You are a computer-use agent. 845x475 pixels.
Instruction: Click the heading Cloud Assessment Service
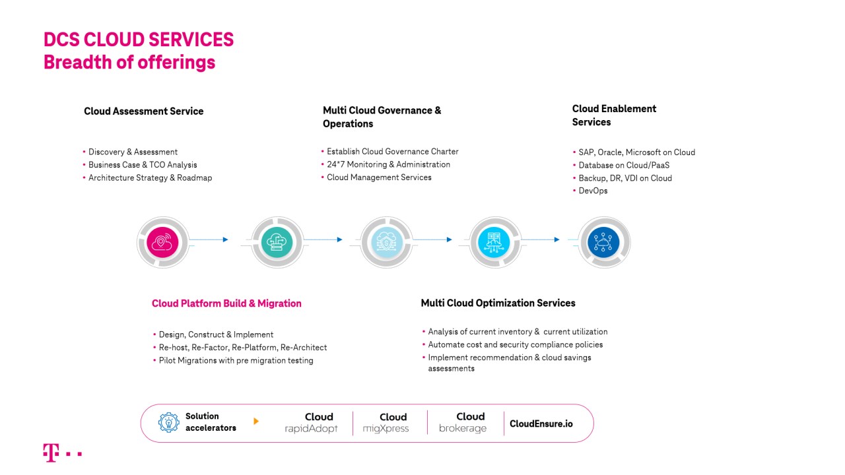143,111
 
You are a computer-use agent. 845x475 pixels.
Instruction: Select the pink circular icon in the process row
162,242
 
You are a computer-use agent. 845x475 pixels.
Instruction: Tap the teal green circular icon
277,242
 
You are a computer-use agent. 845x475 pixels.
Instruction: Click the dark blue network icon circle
603,242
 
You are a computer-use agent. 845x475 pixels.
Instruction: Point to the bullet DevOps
593,191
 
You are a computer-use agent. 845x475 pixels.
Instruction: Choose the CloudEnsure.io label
541,424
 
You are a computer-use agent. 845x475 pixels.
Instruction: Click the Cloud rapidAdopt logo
311,423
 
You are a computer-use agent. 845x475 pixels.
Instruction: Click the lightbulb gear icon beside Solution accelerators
169,422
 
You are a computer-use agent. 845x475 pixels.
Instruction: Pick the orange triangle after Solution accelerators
256,421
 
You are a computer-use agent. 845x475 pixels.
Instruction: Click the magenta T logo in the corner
51,453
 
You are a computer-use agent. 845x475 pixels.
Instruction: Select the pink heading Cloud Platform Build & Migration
226,303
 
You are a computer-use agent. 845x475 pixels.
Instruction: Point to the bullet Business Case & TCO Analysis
143,165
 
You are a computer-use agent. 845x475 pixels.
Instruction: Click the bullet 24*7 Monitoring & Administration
388,164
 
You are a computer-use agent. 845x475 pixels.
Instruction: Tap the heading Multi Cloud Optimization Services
498,303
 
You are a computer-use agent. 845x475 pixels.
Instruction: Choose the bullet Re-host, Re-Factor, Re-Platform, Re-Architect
242,348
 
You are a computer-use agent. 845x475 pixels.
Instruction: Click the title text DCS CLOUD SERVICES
139,40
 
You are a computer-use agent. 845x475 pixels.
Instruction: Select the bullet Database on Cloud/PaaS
624,165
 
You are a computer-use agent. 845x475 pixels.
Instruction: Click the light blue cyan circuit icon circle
494,242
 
